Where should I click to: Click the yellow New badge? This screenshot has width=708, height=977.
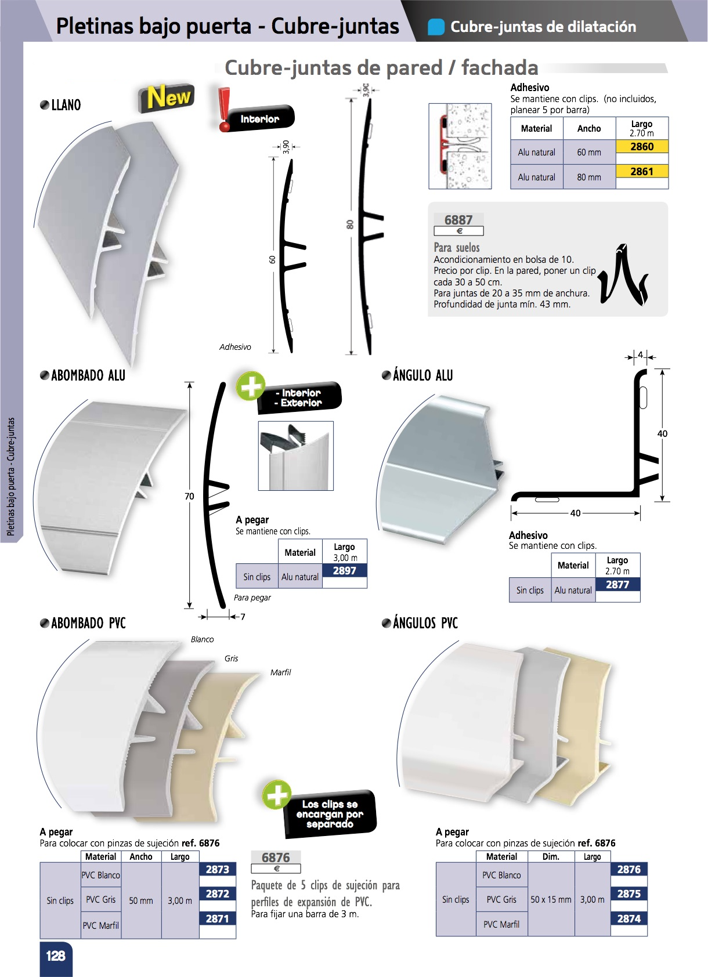[166, 97]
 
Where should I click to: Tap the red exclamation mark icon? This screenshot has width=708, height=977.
[224, 109]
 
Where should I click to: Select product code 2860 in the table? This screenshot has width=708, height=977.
[642, 147]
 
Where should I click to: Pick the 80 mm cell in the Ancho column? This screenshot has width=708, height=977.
[589, 177]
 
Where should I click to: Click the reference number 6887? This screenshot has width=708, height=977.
[458, 220]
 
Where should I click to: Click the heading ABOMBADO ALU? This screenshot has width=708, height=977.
[88, 375]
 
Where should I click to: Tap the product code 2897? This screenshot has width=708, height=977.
[345, 570]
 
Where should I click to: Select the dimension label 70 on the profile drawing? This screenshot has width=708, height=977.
[189, 497]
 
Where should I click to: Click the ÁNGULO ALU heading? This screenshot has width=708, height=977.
[422, 375]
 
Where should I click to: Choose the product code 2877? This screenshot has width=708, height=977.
[617, 584]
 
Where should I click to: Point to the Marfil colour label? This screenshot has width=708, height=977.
[280, 672]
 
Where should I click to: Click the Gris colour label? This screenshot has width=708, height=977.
[231, 658]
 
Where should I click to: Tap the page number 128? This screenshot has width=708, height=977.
[56, 956]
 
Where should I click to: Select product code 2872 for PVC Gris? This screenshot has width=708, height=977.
[217, 893]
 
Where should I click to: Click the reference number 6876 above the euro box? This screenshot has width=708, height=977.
[276, 857]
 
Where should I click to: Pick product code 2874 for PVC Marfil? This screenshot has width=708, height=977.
[628, 918]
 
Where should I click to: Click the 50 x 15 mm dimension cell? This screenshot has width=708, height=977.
[551, 899]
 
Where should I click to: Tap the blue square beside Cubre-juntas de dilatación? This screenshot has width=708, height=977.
[436, 27]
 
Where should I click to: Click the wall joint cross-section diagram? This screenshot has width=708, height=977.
[460, 146]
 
